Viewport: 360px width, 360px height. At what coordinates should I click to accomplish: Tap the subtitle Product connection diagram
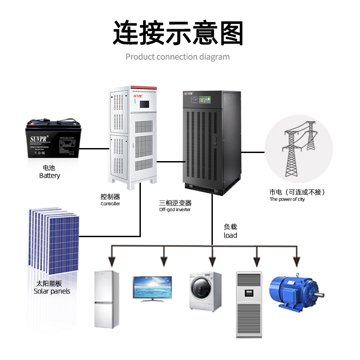(x=177, y=57)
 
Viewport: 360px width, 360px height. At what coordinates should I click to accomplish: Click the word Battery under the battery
(x=49, y=175)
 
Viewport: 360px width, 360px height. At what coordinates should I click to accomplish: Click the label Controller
(x=110, y=204)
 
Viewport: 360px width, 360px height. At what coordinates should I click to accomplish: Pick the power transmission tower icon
(x=297, y=149)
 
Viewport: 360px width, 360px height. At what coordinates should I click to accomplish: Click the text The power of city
(x=287, y=199)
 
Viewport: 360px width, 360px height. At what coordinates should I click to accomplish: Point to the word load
(x=230, y=235)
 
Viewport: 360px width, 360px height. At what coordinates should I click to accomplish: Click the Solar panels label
(x=52, y=291)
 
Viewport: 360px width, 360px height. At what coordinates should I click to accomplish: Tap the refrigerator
(x=107, y=299)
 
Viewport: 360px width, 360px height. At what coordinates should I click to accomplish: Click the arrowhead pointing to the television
(x=164, y=261)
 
